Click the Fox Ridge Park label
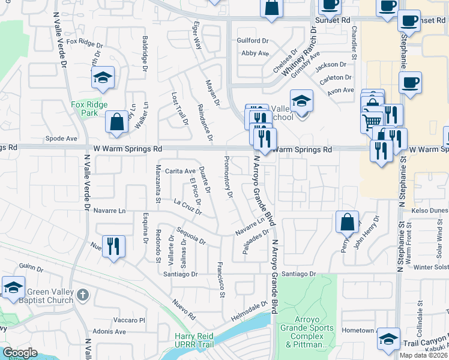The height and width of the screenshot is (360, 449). click(x=89, y=109)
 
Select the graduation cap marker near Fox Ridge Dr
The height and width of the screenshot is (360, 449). click(x=103, y=77)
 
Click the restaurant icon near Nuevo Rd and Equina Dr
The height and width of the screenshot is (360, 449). click(x=113, y=246)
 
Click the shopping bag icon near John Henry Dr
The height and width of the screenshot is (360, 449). click(x=348, y=223)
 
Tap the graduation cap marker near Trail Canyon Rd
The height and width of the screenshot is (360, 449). click(x=388, y=340)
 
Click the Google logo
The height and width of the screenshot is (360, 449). click(x=20, y=352)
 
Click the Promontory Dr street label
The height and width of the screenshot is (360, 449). click(x=228, y=176)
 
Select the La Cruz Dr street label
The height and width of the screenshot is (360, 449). click(x=186, y=206)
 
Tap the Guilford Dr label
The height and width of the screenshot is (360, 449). click(x=253, y=40)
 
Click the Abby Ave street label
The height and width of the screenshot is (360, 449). click(x=255, y=53)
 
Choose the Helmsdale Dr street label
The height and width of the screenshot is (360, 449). click(x=250, y=306)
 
